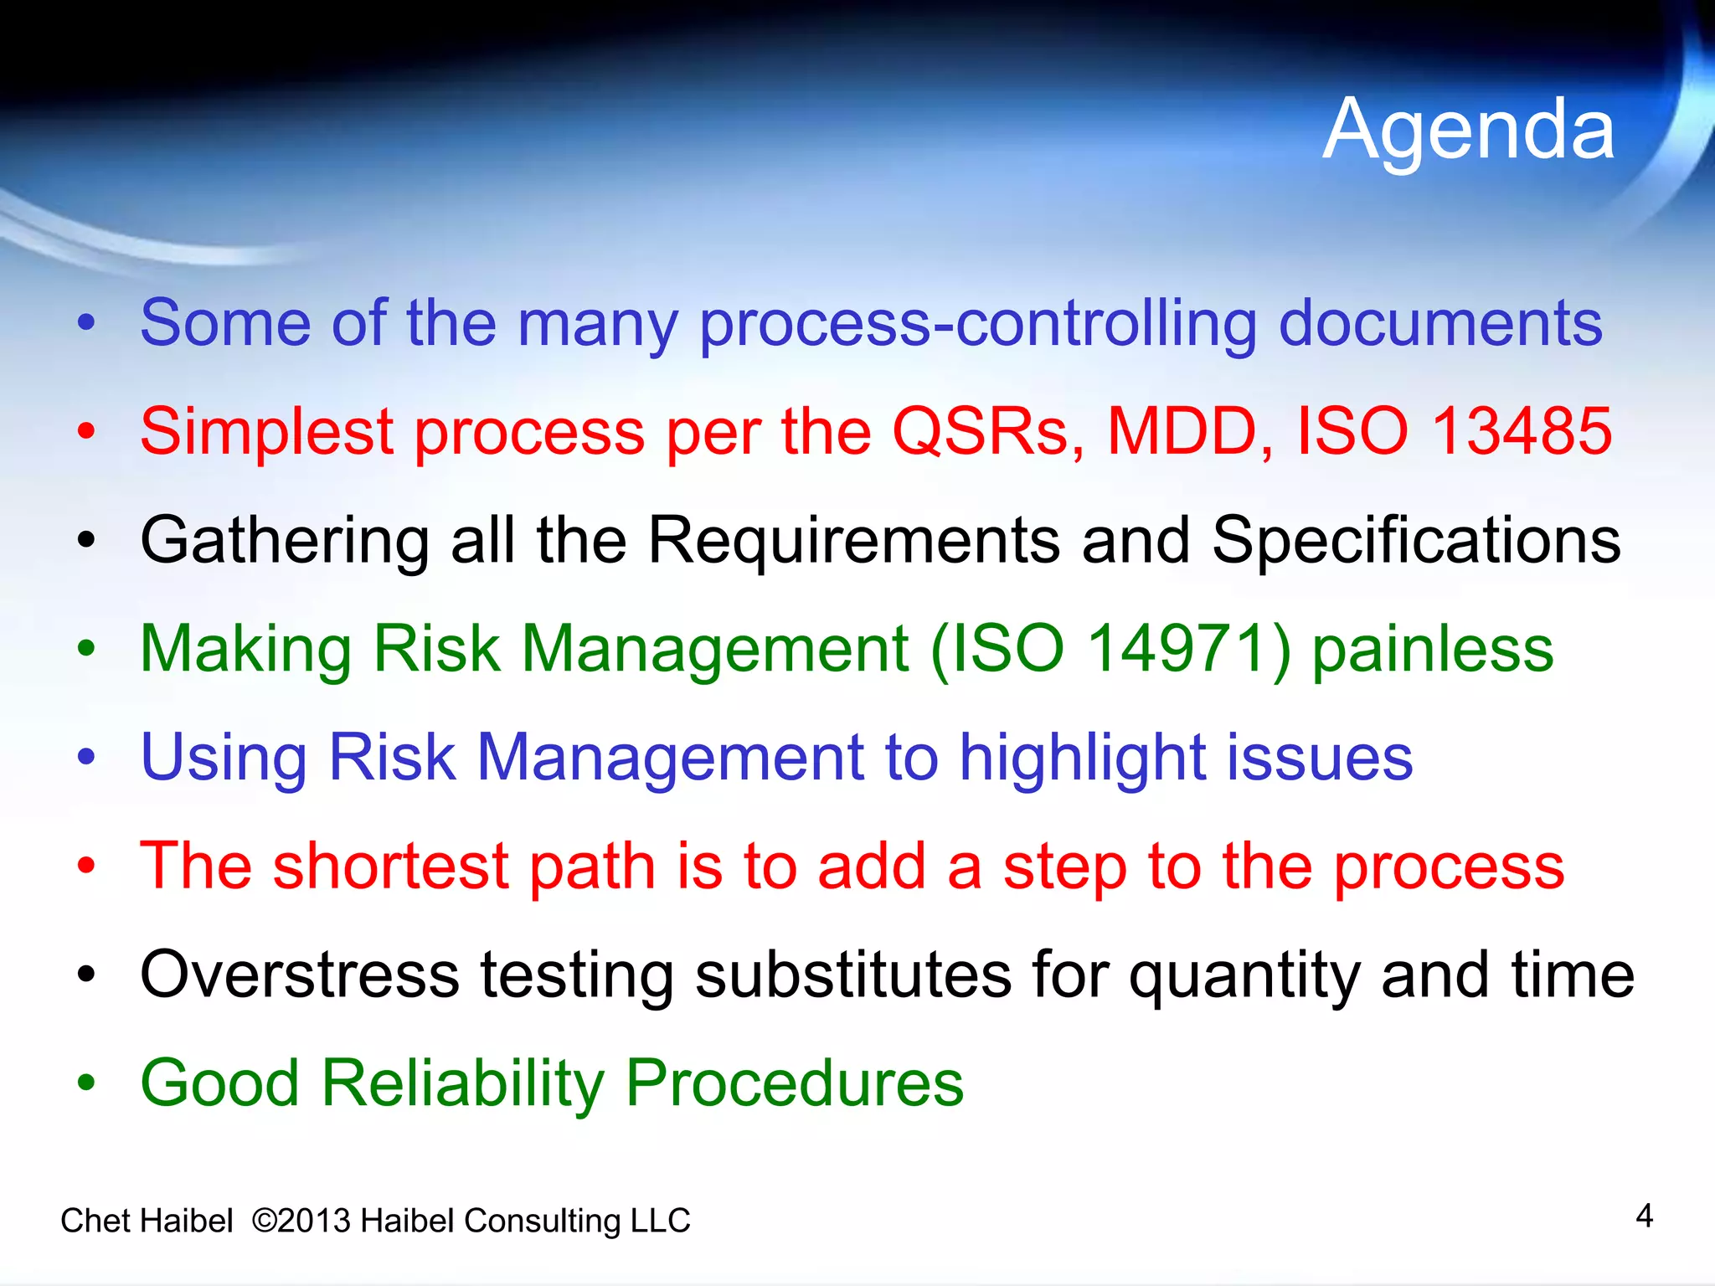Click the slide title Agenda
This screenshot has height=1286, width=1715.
(x=1469, y=130)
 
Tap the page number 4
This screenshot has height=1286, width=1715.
(x=1644, y=1216)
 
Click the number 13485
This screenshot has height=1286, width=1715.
(x=1522, y=431)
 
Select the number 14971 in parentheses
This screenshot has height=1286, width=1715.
(x=1177, y=649)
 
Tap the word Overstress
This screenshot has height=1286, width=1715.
(x=300, y=975)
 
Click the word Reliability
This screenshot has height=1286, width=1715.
(x=462, y=1083)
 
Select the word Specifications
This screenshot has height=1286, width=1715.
(x=1416, y=541)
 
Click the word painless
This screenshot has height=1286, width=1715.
(x=1432, y=650)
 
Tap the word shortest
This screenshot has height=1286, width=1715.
(x=391, y=867)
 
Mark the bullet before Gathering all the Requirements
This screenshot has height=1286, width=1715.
(x=86, y=541)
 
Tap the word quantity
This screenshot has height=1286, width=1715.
(x=1244, y=976)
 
